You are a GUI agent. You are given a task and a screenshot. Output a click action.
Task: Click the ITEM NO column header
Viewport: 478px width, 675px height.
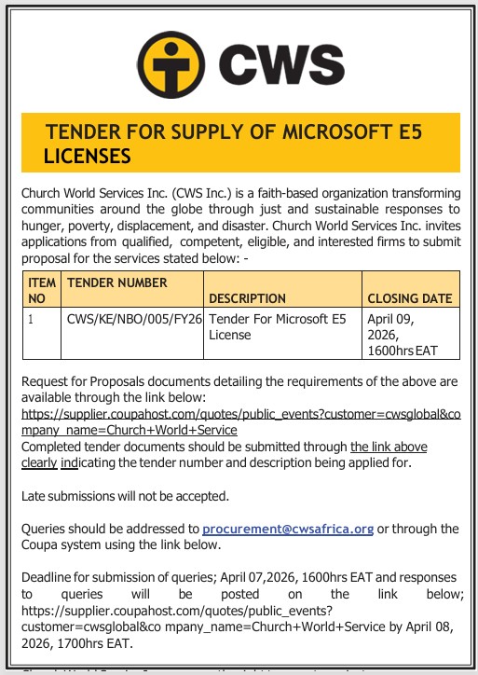(x=42, y=290)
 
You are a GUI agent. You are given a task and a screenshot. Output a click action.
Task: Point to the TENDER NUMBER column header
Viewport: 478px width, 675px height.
(x=117, y=282)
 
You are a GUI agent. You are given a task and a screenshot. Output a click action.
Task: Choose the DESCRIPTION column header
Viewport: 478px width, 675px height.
(x=247, y=298)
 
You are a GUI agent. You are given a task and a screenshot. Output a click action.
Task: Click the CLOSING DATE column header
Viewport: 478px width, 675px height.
(x=410, y=298)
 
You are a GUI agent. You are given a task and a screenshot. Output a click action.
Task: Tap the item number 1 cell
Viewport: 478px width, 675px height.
(x=31, y=319)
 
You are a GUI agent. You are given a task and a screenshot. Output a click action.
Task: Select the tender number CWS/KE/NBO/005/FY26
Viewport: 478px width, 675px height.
(x=134, y=319)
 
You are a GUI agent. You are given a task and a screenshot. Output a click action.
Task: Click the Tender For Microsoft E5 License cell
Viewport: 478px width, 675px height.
(x=277, y=326)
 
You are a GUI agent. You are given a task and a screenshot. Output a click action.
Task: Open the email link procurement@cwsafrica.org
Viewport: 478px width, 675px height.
(x=287, y=529)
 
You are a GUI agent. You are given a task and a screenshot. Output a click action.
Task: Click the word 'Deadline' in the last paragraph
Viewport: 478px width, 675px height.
(x=48, y=576)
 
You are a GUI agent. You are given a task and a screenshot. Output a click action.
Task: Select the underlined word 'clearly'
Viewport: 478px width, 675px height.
(x=39, y=462)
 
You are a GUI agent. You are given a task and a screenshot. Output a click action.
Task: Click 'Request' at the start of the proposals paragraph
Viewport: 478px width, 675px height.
(x=46, y=382)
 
